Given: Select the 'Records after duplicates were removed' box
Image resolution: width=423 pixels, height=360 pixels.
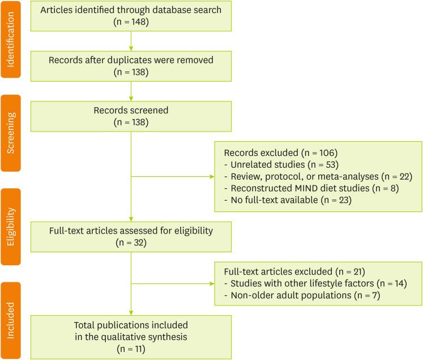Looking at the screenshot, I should [x=131, y=66].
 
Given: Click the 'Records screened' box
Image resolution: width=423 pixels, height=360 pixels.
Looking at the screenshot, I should [x=131, y=116].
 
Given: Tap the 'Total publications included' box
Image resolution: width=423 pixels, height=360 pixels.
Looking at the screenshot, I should [x=131, y=337].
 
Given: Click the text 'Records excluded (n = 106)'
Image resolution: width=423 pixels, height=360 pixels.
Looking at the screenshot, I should [x=273, y=154].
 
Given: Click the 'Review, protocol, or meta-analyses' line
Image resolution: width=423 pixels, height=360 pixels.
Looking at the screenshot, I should [x=317, y=177].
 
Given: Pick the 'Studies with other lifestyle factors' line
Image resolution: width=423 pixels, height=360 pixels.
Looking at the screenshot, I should [x=314, y=283].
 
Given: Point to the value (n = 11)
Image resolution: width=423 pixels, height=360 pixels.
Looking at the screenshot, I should [x=131, y=349].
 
